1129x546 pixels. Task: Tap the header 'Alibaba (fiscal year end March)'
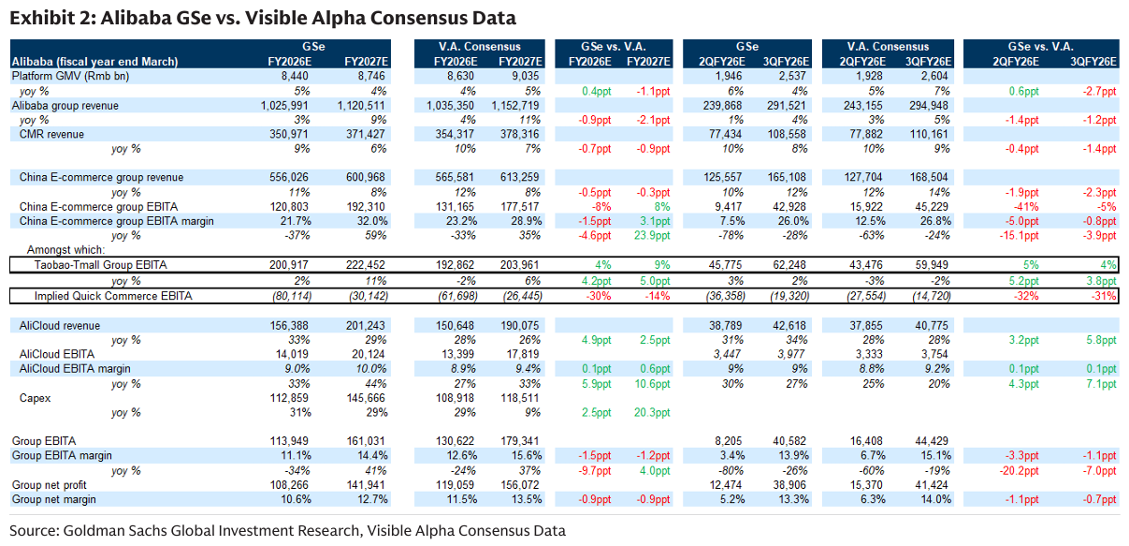coord(94,62)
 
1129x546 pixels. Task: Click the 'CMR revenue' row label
coord(51,135)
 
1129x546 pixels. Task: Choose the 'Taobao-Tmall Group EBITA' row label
coord(101,266)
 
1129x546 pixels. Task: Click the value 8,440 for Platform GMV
coord(294,75)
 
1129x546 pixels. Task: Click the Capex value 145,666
coord(366,398)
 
